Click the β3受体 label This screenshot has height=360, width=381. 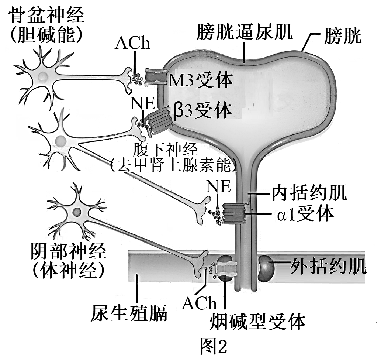202,110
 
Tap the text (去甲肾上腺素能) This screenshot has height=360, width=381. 173,165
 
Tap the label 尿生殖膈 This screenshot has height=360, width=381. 129,313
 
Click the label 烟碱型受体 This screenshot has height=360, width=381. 258,322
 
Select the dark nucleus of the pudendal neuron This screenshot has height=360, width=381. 76,212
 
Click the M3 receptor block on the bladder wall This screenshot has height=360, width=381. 155,77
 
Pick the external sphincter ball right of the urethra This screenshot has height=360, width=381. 266,267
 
